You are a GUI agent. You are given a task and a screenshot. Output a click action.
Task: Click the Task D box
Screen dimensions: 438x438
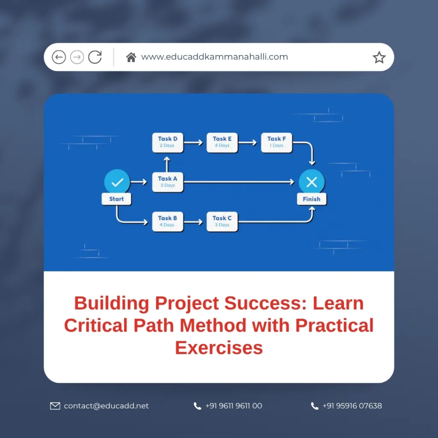tap(168, 142)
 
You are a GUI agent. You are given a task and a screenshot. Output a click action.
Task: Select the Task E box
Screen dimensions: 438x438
tap(222, 142)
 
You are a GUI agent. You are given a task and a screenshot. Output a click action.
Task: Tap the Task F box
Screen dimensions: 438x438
tap(277, 142)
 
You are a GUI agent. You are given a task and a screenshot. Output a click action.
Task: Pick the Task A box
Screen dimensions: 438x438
tap(168, 182)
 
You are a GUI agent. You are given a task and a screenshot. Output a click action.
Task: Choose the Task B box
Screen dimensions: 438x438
tap(168, 222)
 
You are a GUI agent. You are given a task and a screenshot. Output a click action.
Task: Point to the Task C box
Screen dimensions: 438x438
tap(222, 222)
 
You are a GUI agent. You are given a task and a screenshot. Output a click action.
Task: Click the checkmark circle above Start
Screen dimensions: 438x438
tap(117, 182)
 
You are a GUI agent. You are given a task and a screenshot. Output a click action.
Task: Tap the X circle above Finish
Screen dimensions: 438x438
tap(312, 182)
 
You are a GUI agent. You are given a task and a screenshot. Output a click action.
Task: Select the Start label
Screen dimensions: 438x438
tap(116, 199)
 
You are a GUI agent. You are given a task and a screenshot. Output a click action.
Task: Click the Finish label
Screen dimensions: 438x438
tap(311, 199)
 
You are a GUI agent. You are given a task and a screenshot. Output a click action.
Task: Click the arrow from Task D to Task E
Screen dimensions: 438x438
tap(193, 142)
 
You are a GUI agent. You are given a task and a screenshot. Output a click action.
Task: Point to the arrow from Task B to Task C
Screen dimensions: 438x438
tap(193, 222)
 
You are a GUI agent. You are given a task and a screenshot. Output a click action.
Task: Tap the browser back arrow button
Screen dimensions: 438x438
tap(59, 57)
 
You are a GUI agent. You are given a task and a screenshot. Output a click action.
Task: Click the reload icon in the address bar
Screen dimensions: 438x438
tap(95, 57)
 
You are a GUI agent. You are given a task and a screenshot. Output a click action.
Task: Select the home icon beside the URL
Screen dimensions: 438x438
tap(131, 57)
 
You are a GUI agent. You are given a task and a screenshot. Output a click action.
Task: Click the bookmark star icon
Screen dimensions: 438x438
tap(379, 57)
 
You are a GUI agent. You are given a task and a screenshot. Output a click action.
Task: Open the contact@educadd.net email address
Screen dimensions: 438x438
tap(106, 405)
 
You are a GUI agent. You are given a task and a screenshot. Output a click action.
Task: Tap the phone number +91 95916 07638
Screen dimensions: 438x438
tap(352, 405)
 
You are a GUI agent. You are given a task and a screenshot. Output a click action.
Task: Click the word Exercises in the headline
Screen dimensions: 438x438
tap(219, 348)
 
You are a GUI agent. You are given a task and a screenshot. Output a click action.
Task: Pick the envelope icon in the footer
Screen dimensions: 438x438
tap(55, 406)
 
